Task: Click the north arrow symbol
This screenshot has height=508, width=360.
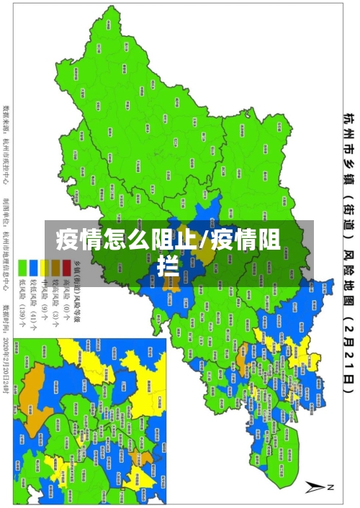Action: coord(318,488)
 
